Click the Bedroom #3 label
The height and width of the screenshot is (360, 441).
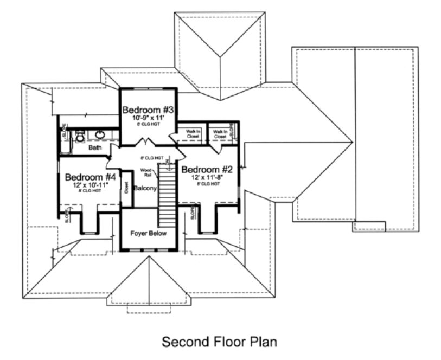tap(148, 109)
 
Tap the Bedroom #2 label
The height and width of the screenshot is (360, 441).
tap(208, 169)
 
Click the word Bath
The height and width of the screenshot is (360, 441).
tap(95, 147)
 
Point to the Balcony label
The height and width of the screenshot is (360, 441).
tap(145, 189)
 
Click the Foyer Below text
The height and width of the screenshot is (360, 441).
tap(148, 233)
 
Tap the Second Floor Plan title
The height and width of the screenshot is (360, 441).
tap(220, 342)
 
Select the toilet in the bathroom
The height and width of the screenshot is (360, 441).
tap(80, 136)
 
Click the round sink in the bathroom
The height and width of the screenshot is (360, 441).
tap(100, 135)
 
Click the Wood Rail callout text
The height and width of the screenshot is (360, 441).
tap(146, 172)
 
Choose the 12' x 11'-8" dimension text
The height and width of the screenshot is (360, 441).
tap(208, 177)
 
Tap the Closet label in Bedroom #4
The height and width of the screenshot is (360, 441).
tap(126, 188)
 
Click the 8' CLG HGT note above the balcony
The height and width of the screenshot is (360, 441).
tap(151, 158)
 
